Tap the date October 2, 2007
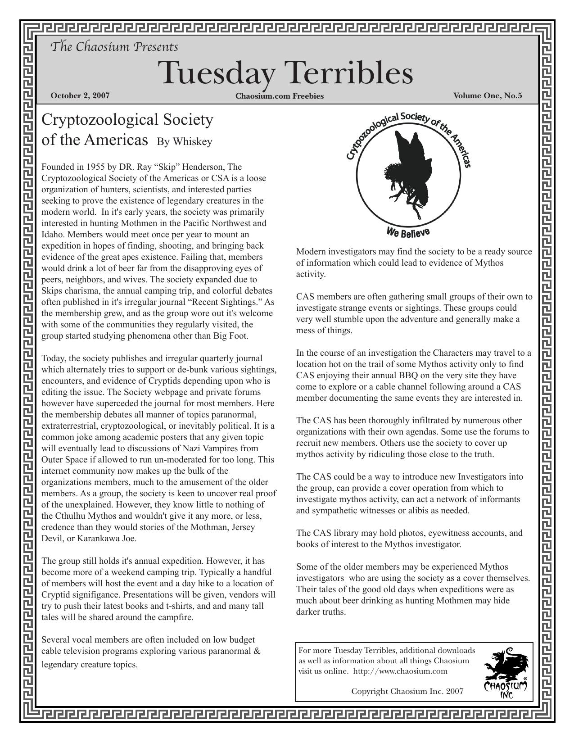pos(80,95)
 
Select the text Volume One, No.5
pos(488,95)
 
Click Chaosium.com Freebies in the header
pos(279,96)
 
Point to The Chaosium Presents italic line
pos(114,47)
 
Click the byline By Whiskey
pos(184,141)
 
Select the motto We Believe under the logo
pos(408,232)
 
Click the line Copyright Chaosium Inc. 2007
pos(407,691)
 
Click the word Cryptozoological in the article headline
pos(99,120)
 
